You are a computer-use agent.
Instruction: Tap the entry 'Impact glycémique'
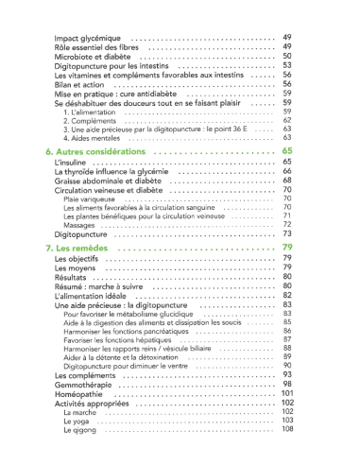pyautogui.click(x=87, y=37)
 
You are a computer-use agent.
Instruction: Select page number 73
pyautogui.click(x=286, y=233)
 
